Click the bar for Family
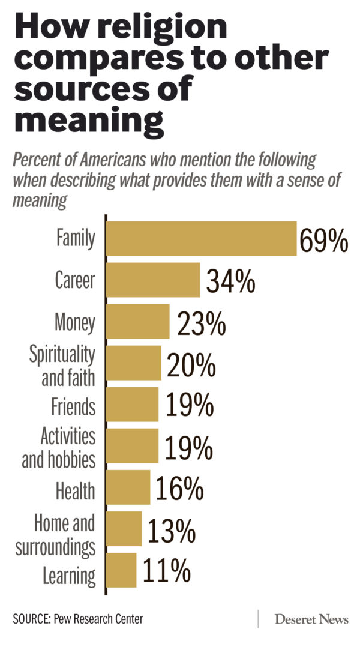[x=202, y=239]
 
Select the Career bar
[x=153, y=280]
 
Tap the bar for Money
[x=138, y=322]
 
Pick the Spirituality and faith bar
[x=134, y=363]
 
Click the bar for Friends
[x=133, y=404]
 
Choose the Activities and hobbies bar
[x=133, y=445]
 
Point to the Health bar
[x=128, y=487]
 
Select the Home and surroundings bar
[x=124, y=528]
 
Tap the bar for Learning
[x=122, y=570]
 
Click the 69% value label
[x=324, y=241]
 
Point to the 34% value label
[x=230, y=281]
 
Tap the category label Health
[x=75, y=490]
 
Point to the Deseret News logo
[x=311, y=619]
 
